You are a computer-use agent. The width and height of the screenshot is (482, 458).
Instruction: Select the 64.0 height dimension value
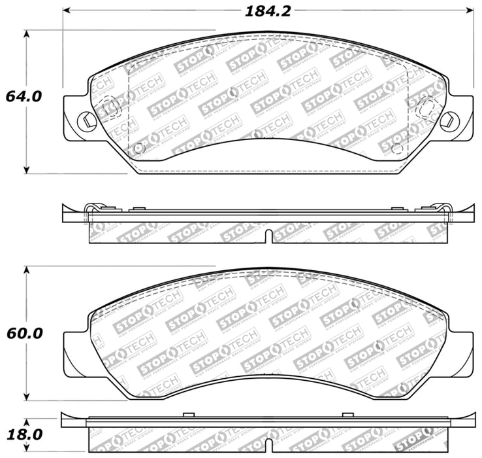[x=24, y=96]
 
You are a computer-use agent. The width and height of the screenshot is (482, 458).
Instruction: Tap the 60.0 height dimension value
[x=24, y=333]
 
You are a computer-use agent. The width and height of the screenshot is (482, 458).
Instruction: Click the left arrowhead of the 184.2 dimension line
[x=67, y=11]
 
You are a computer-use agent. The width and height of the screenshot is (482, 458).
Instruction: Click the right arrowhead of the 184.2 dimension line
[x=470, y=11]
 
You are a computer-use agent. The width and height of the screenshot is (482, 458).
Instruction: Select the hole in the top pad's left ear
[x=85, y=120]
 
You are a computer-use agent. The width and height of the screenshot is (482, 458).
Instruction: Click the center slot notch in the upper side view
[x=268, y=236]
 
